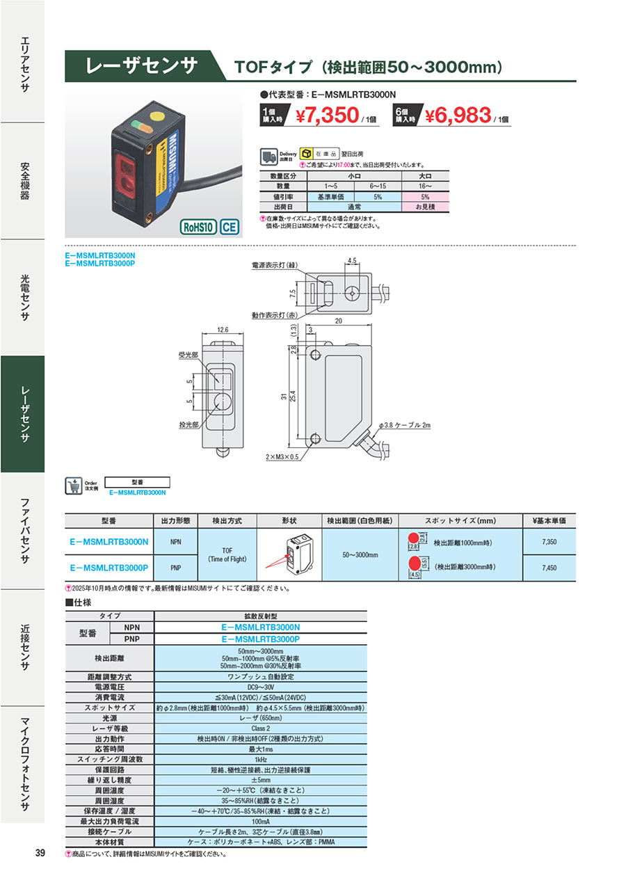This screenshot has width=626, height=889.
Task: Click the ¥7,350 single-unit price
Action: (326, 115)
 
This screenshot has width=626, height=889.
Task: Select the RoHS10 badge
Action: (198, 227)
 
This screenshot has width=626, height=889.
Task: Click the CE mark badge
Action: (230, 227)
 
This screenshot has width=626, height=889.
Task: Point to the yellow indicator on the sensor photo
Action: (157, 116)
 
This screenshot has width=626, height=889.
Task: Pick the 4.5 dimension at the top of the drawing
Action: (352, 261)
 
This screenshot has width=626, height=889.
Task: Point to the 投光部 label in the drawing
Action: (188, 423)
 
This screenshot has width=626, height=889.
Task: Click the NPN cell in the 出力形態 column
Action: (175, 540)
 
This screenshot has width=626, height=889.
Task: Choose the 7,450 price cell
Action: (549, 568)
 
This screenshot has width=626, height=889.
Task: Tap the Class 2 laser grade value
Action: (260, 728)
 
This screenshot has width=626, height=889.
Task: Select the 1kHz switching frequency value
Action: (260, 760)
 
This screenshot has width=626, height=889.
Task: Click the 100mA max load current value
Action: (260, 822)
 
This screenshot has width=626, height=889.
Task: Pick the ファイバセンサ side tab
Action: (22, 531)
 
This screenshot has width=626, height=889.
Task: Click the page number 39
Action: (40, 854)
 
